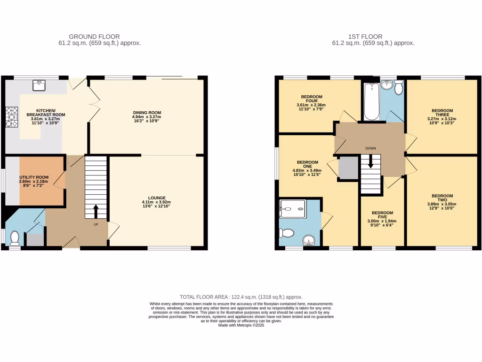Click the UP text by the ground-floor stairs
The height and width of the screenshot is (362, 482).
coord(96,224)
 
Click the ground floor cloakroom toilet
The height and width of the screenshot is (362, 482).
coord(15,238)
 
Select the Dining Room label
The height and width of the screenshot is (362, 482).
coord(146,113)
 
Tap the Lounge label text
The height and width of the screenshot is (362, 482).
coord(156,198)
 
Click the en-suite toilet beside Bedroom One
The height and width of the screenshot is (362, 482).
coord(287,232)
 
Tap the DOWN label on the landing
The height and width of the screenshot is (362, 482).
coord(370,148)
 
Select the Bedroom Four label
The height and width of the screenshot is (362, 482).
coord(311,99)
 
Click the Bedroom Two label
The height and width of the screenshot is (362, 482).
coord(442,198)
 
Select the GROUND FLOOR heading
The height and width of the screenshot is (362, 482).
coord(94,36)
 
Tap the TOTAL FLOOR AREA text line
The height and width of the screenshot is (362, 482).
coord(241,297)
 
